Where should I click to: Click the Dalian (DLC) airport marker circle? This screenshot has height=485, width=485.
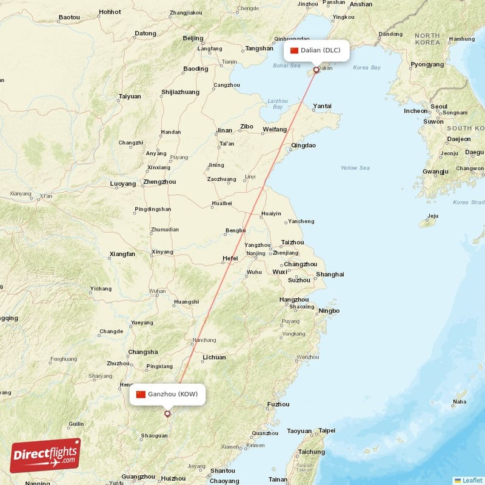316,70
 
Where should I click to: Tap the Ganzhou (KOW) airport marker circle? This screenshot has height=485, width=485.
167,414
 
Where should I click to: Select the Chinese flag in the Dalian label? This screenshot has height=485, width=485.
295,50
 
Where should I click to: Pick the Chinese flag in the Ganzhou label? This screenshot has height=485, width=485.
141,394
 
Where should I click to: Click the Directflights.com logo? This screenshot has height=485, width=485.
45,455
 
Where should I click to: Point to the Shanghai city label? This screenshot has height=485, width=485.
330,274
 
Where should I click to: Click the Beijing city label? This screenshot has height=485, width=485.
193,38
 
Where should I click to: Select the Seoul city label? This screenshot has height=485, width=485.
438,106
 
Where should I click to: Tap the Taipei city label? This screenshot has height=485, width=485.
327,430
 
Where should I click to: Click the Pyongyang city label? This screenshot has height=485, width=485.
427,64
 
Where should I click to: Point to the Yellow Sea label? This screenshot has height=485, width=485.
355,168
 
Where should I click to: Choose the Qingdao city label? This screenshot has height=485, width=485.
304,145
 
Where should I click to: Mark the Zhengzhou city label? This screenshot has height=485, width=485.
159,181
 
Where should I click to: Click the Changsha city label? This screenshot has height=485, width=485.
143,352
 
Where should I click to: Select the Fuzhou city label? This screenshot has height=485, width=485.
278,404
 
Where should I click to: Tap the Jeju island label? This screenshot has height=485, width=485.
432,216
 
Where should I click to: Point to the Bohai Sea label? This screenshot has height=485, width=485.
286,65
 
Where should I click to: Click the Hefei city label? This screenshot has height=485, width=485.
230,258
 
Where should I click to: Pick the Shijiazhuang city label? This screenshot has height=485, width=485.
180,92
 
